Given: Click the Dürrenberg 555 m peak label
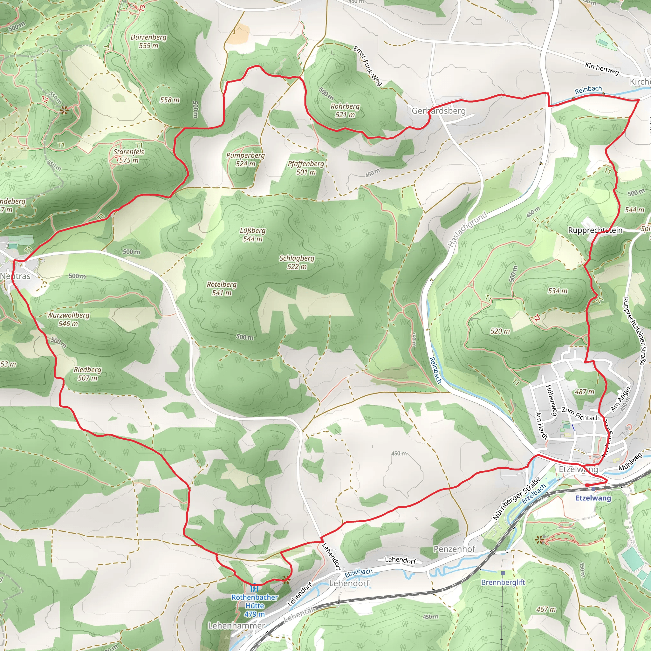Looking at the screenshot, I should (148, 41).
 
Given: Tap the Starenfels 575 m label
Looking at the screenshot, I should (129, 156).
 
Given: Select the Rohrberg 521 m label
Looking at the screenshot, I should (345, 110).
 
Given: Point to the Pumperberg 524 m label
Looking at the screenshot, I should (245, 159).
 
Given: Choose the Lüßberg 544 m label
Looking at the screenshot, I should (252, 235).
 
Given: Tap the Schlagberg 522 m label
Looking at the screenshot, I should (297, 262).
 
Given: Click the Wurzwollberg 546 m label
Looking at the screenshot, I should (68, 319).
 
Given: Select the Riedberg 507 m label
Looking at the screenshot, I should (88, 374).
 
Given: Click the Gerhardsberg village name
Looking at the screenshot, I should (438, 111).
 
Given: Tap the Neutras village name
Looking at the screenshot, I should (15, 276).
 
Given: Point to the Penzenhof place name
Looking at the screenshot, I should (454, 549).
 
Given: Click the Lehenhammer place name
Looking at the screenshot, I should (236, 625).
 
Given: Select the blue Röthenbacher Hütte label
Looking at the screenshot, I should (254, 606).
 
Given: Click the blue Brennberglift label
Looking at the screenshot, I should (503, 582).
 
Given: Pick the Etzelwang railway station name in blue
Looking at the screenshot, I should (593, 498).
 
